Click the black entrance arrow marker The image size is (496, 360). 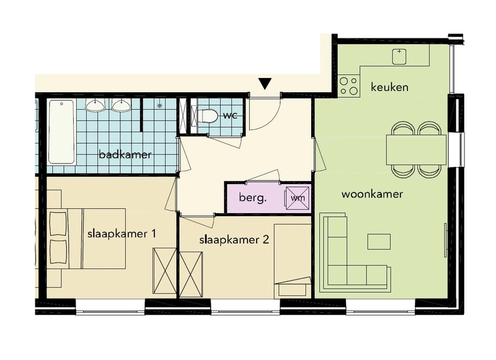click(265, 84)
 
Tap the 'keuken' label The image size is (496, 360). click(389, 87)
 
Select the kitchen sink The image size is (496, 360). click(399, 57)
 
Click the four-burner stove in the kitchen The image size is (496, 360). click(348, 86)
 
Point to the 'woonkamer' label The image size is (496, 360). click(373, 194)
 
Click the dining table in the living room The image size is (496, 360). click(416, 149)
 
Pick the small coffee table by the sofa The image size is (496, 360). click(379, 242)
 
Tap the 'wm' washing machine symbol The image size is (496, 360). click(298, 198)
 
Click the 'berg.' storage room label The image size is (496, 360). click(253, 198)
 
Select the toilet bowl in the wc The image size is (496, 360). click(206, 116)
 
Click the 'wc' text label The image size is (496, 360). click(230, 116)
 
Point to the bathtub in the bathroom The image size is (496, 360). click(61, 132)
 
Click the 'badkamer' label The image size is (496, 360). click(125, 155)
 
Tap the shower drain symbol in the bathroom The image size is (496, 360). click(159, 105)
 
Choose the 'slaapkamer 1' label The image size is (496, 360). click(122, 234)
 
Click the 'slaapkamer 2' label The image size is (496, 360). click(234, 240)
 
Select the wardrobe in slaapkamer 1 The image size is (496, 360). click(164, 271)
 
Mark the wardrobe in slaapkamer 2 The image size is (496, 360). click(191, 274)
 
